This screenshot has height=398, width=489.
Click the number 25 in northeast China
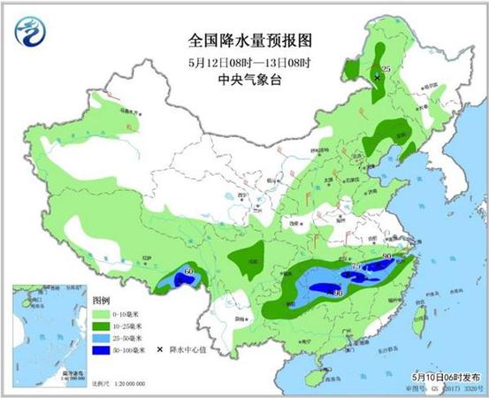coord(385,68)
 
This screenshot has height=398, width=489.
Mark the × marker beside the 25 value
coord(378,78)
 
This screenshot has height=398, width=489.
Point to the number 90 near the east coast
coord(386,256)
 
